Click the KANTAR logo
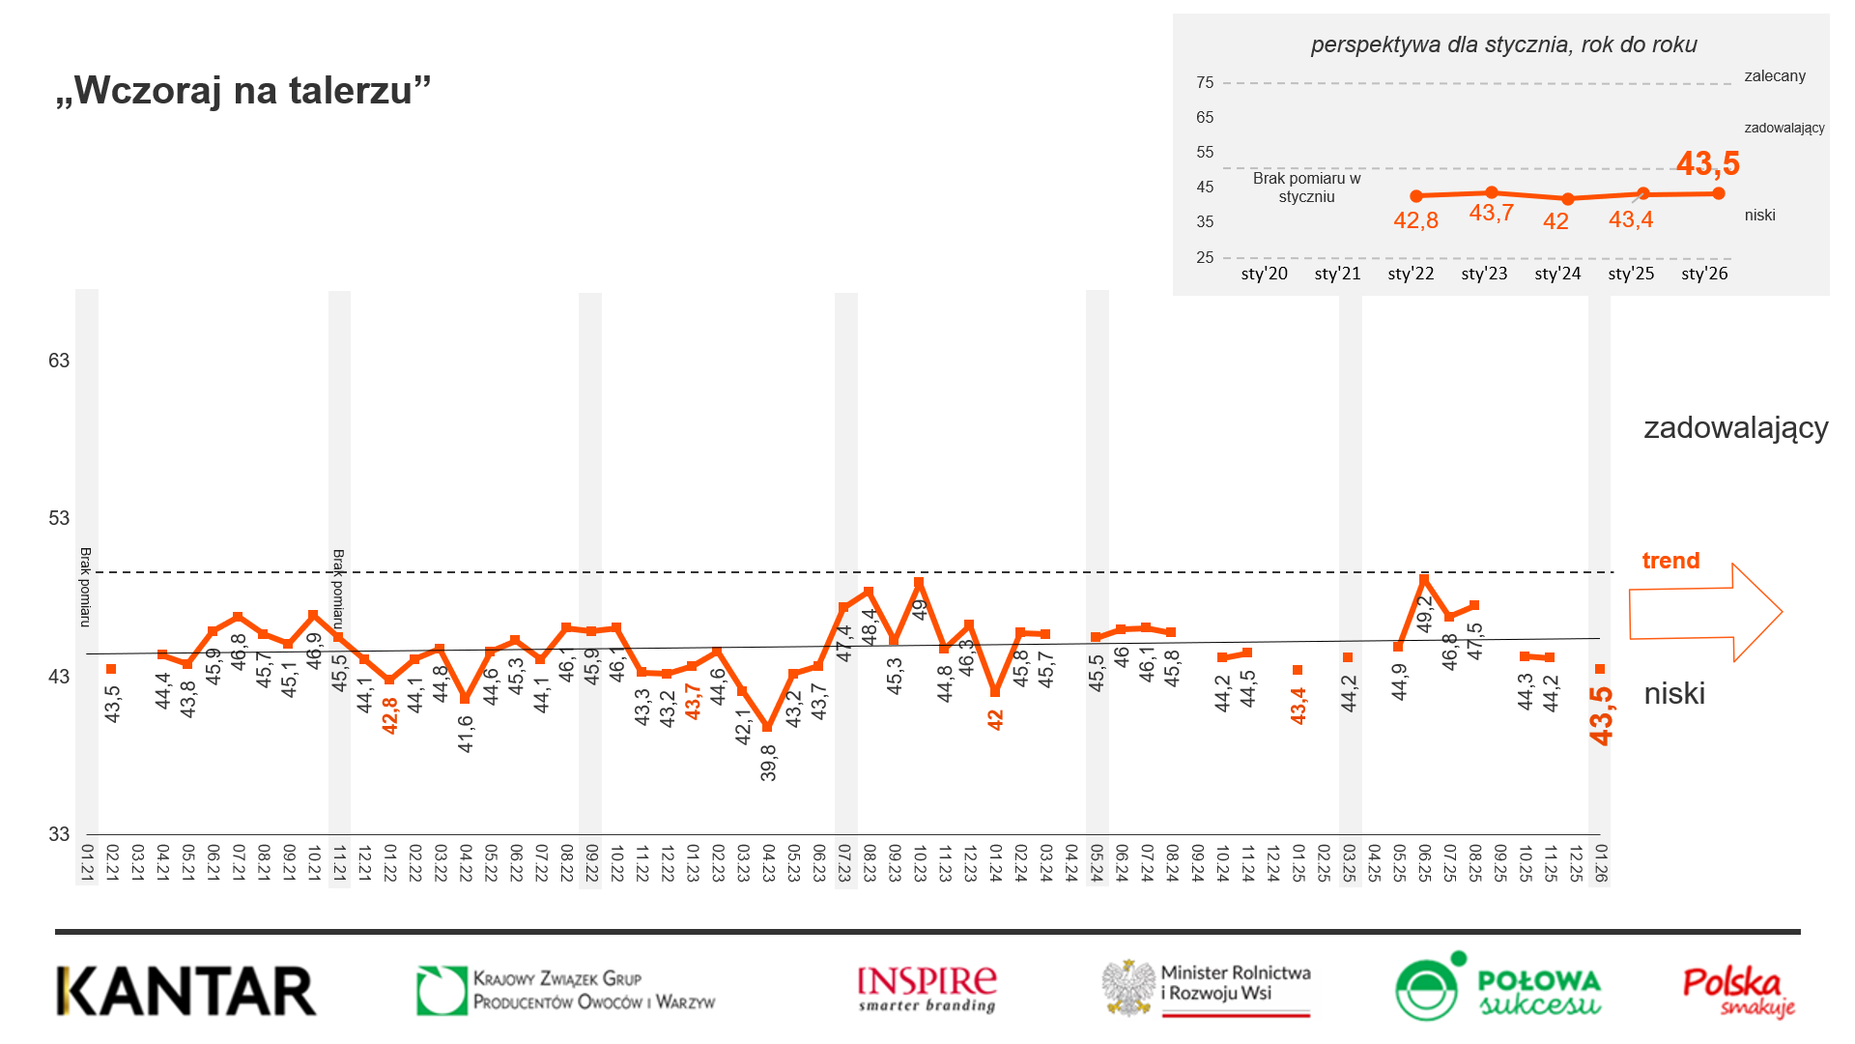(186, 991)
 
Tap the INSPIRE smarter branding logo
(927, 989)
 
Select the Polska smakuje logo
(1738, 991)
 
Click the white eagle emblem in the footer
(1129, 987)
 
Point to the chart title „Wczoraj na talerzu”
(243, 90)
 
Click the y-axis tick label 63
(59, 361)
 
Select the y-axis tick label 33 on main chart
(59, 834)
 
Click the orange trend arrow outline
(1705, 613)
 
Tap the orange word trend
(1670, 561)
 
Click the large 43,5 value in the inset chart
(1707, 163)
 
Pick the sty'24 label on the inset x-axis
(1557, 274)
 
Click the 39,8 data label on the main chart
(768, 762)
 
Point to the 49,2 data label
(1424, 614)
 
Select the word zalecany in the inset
(1774, 76)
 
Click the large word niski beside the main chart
(1674, 694)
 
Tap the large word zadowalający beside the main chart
(1735, 427)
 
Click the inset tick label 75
(1205, 83)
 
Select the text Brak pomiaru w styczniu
(1306, 188)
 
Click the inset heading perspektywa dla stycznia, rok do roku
(1503, 44)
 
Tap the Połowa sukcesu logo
(1498, 987)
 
